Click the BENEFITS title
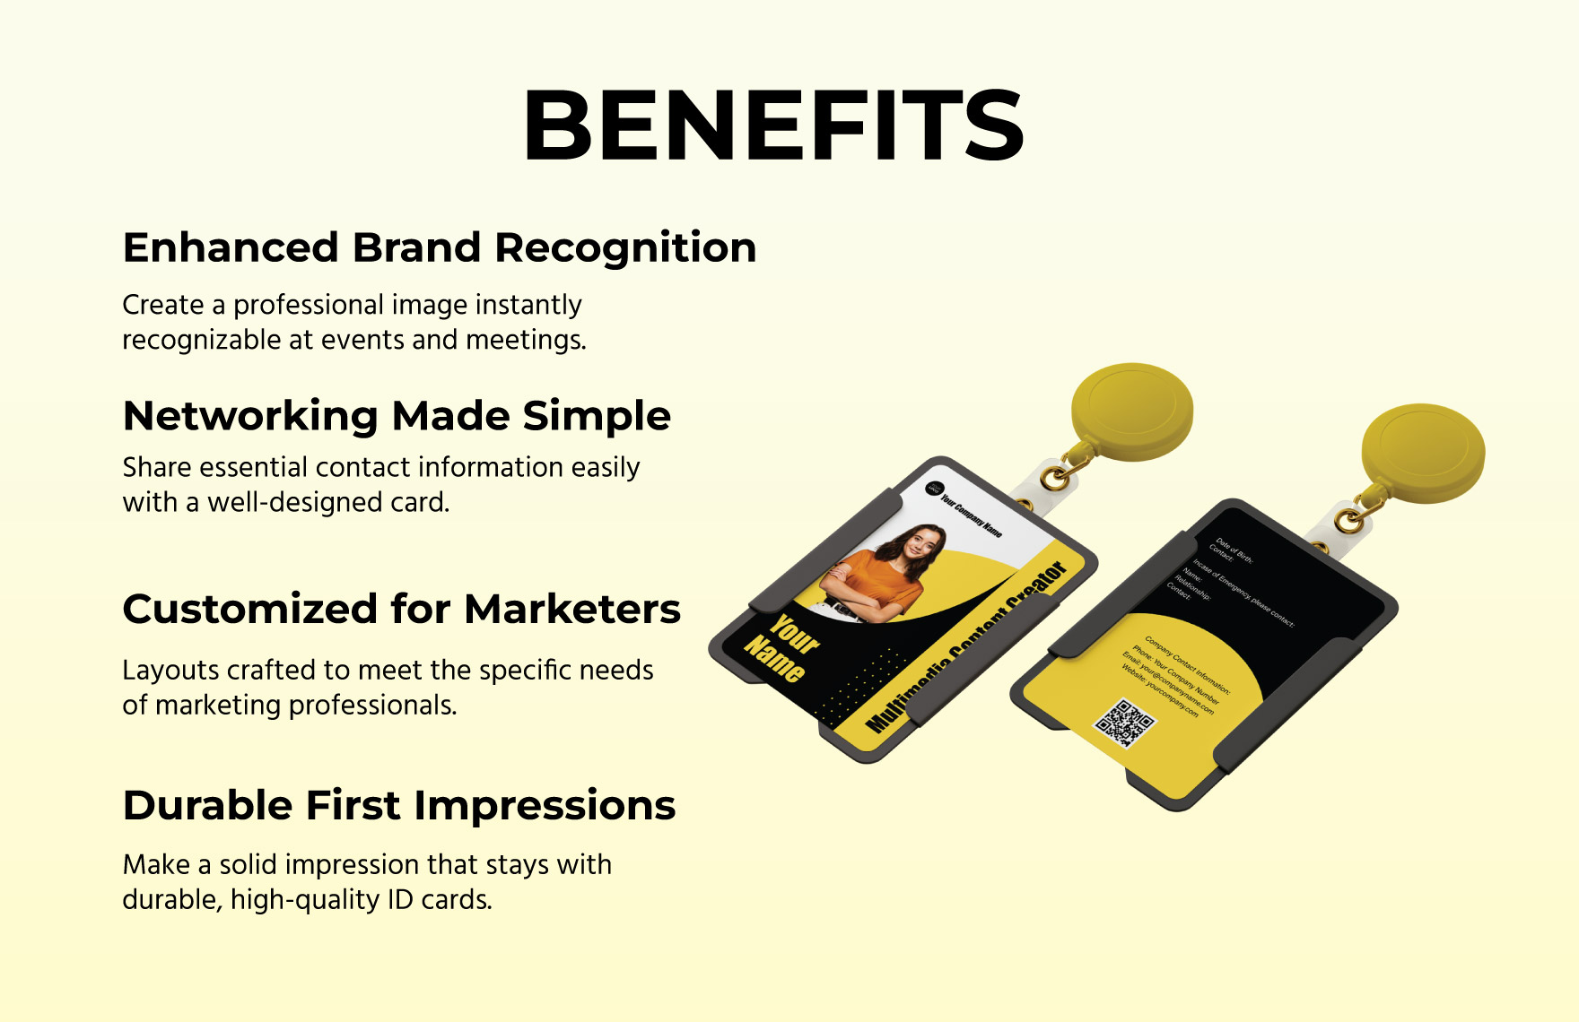(x=773, y=126)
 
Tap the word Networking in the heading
(x=250, y=417)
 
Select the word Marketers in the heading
(x=572, y=610)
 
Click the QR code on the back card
(x=1124, y=722)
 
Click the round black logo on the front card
(x=935, y=489)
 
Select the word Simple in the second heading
(x=597, y=417)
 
